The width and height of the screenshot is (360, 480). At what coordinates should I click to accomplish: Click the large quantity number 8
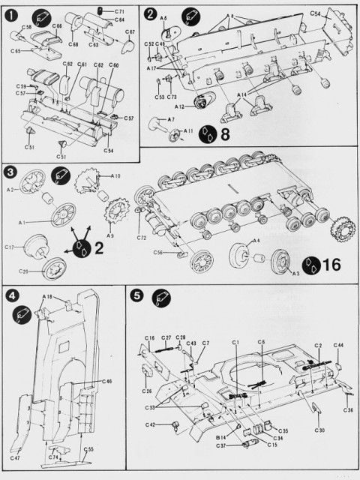[x=223, y=136]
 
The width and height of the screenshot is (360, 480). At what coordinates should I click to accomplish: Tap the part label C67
[x=130, y=32]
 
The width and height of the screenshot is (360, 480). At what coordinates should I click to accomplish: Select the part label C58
[x=25, y=27]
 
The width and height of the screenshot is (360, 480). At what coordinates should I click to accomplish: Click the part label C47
[x=16, y=457]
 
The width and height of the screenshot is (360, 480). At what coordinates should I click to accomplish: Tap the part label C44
[x=339, y=345]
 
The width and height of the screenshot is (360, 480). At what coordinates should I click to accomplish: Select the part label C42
[x=151, y=424]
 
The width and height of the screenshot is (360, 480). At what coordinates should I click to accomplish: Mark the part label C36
[x=348, y=410]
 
